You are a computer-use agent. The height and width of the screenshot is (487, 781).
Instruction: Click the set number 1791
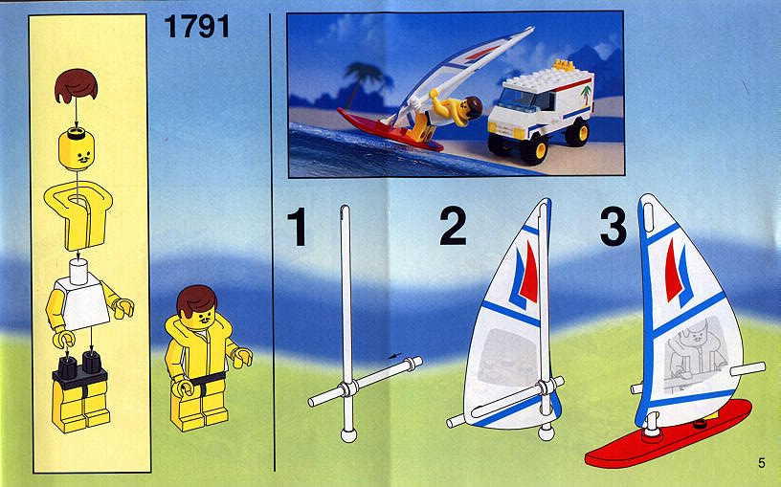[197, 27]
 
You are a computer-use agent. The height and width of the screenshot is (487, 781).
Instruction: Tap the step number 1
[299, 227]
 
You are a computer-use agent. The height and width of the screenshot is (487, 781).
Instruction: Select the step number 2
[453, 226]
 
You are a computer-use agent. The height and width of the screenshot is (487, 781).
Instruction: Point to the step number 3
[614, 227]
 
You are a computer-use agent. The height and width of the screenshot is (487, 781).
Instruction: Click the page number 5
[761, 462]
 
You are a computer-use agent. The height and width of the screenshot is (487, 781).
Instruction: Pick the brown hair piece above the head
[76, 86]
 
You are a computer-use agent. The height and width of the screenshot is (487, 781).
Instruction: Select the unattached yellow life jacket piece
[78, 214]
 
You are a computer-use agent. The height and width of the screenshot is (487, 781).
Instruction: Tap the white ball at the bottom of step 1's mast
[348, 435]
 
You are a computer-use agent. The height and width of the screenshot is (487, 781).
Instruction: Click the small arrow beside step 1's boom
[394, 356]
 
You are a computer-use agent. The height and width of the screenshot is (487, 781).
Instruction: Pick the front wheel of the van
[533, 148]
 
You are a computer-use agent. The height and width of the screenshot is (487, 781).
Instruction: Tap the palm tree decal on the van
[587, 94]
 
